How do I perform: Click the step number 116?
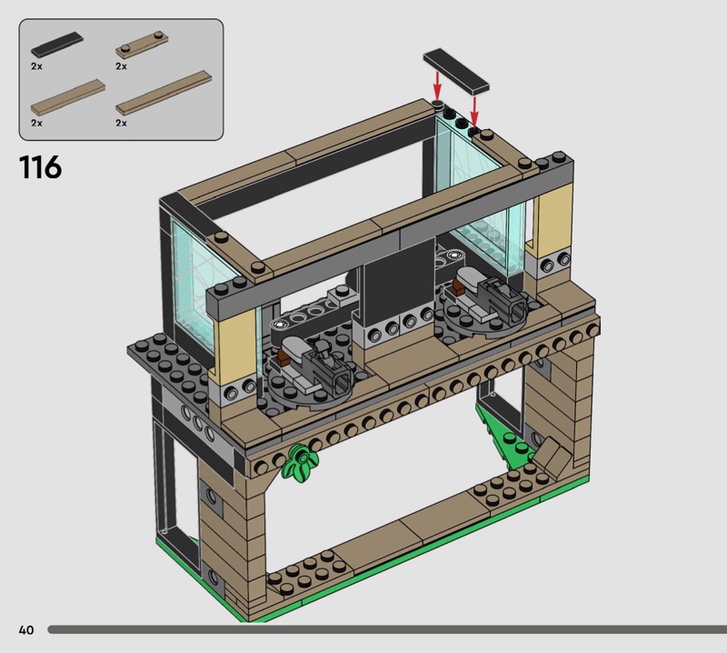40,167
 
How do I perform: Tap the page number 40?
26,629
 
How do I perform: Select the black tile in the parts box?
57,44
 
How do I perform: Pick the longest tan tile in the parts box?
164,93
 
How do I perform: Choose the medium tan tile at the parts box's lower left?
68,96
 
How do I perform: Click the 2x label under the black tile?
36,66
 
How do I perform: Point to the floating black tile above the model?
456,70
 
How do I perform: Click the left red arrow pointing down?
437,85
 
